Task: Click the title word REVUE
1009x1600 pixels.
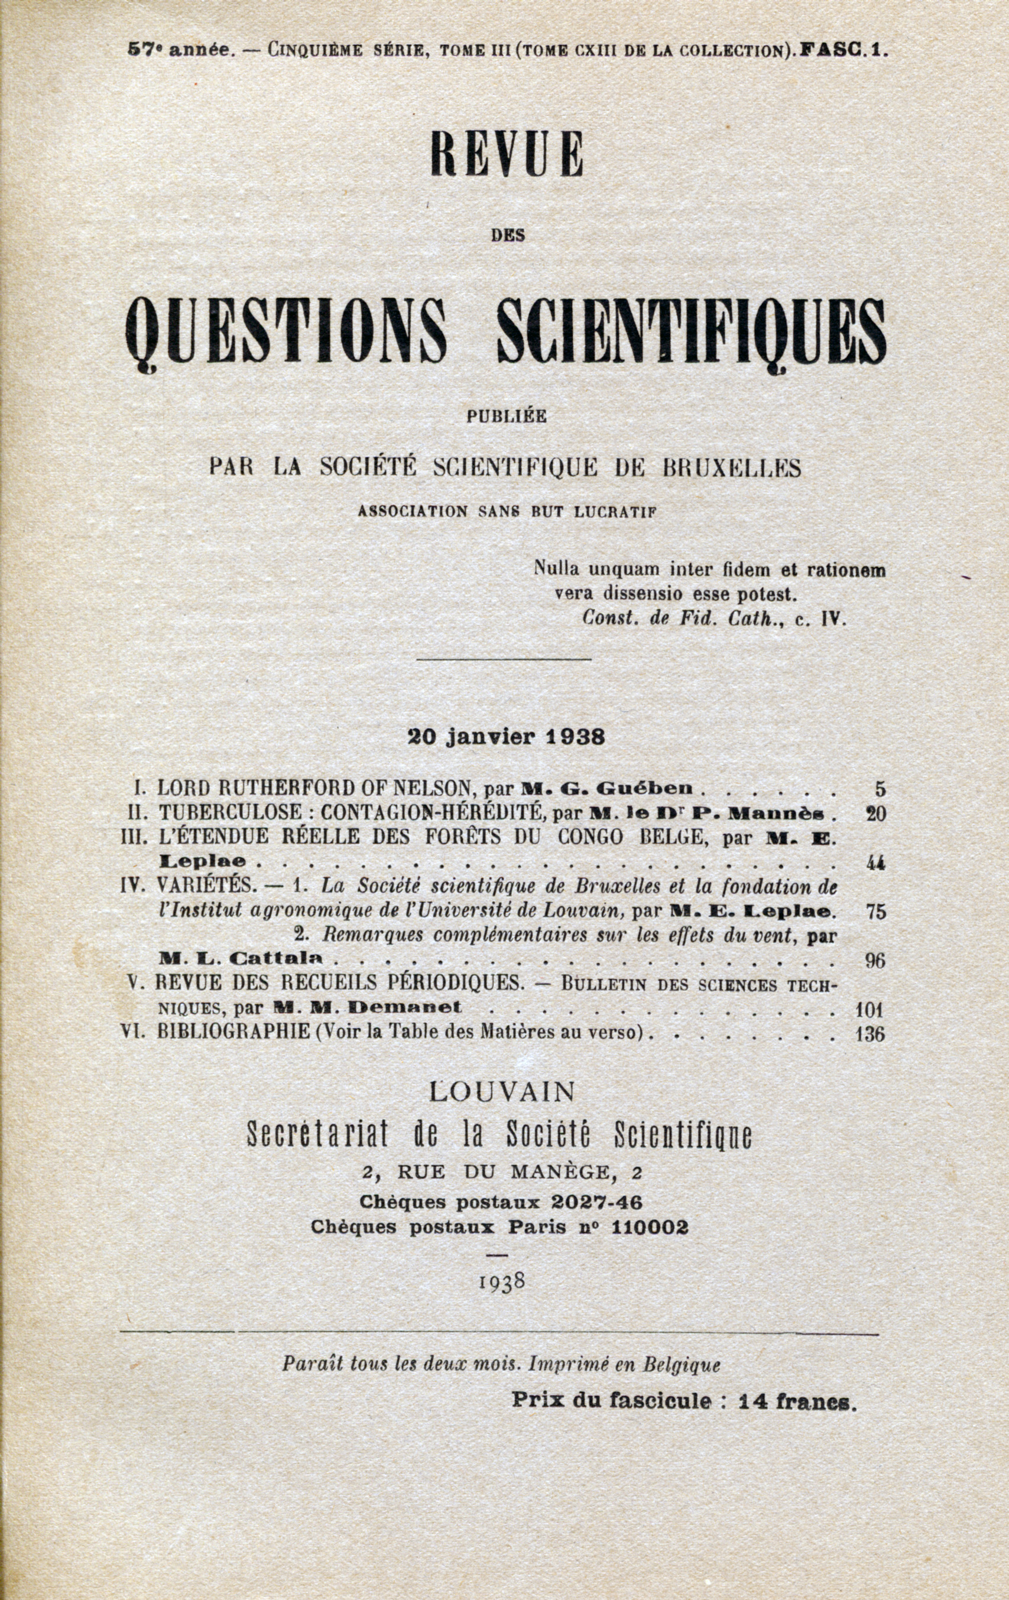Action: [507, 155]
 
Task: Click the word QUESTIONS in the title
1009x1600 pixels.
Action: [286, 330]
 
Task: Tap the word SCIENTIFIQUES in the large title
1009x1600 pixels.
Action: [691, 330]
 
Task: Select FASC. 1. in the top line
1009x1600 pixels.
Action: [843, 50]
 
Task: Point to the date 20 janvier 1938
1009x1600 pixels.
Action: [506, 737]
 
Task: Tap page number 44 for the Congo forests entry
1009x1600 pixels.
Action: [876, 863]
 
